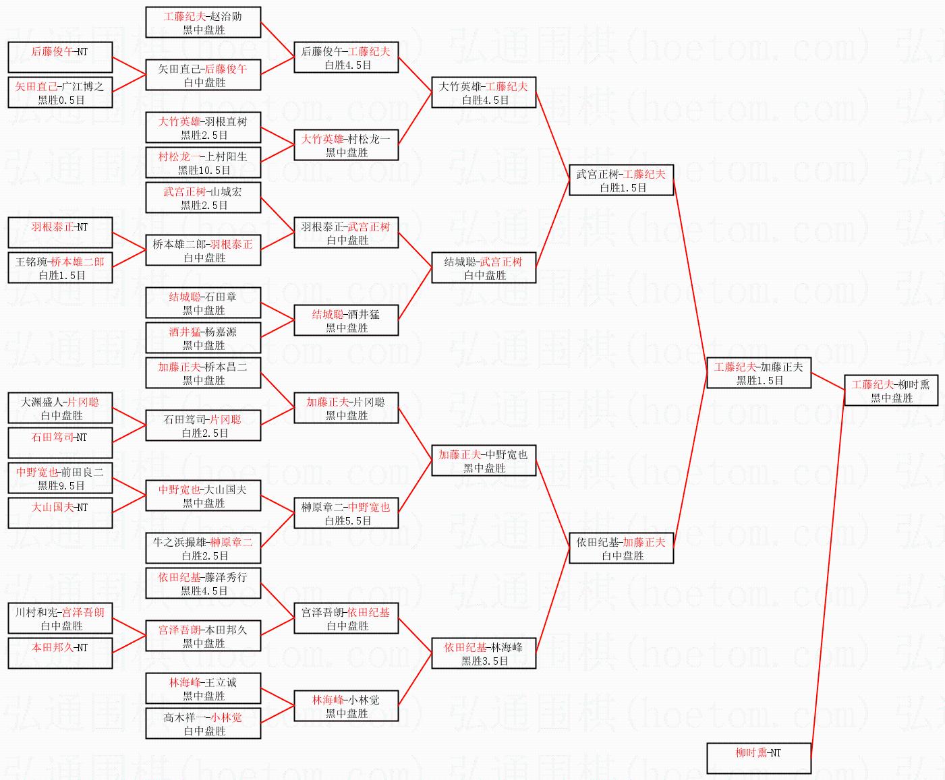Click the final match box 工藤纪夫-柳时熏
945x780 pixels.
click(x=890, y=391)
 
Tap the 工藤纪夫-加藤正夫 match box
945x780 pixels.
click(x=758, y=373)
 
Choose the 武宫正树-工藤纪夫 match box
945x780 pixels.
click(x=621, y=181)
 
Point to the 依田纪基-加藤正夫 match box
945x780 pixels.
click(x=621, y=549)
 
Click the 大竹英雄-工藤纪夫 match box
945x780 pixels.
click(x=483, y=93)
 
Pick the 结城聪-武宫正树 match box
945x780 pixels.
click(x=483, y=268)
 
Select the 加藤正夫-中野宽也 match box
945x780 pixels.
click(x=483, y=461)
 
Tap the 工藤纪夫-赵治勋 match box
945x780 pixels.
click(x=203, y=23)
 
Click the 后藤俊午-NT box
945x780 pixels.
click(x=60, y=58)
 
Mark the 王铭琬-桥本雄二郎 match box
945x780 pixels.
click(x=60, y=268)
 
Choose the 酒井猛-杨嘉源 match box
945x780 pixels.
click(x=203, y=338)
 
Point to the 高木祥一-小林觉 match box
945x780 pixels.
click(x=203, y=724)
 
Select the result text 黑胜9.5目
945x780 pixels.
click(x=61, y=486)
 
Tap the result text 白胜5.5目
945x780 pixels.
click(x=347, y=521)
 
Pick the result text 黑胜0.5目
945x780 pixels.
click(x=61, y=100)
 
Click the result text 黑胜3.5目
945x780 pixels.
click(x=484, y=661)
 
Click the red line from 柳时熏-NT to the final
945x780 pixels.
click(x=826, y=573)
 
